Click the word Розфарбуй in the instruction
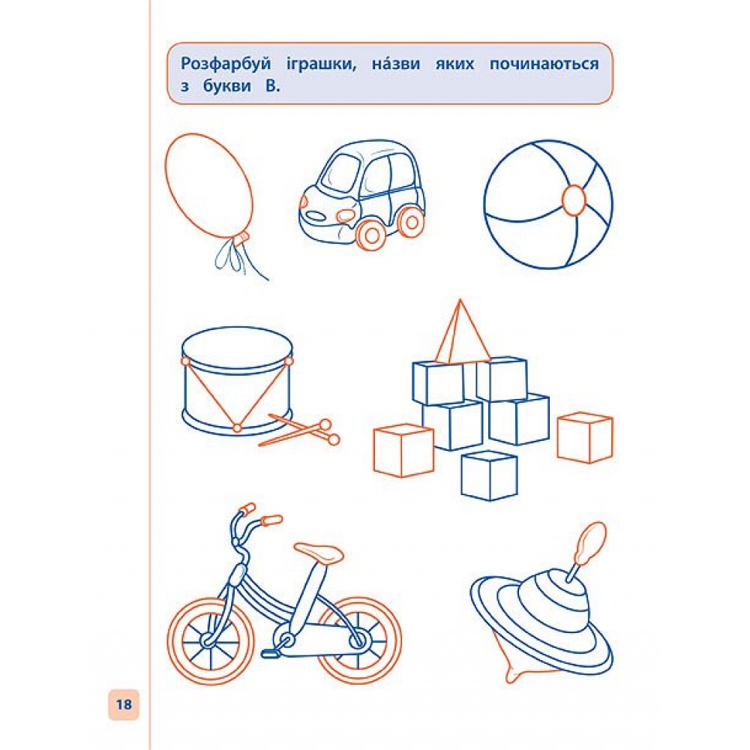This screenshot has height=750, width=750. point(226,64)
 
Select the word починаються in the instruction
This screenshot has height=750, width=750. point(544,64)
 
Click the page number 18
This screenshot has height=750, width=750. point(124,704)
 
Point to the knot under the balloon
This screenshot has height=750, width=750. point(240,237)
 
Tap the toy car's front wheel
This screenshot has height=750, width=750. point(370,234)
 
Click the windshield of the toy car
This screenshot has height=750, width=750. point(341,173)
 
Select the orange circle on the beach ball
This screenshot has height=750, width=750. point(574,200)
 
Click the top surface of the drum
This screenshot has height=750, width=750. point(237,348)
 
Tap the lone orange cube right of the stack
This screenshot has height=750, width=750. point(585,438)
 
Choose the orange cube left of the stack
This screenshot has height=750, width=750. point(403,451)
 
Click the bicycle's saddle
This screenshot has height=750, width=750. point(319,553)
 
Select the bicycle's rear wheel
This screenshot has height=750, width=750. point(358,640)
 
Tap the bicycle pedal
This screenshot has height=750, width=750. point(270,652)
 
